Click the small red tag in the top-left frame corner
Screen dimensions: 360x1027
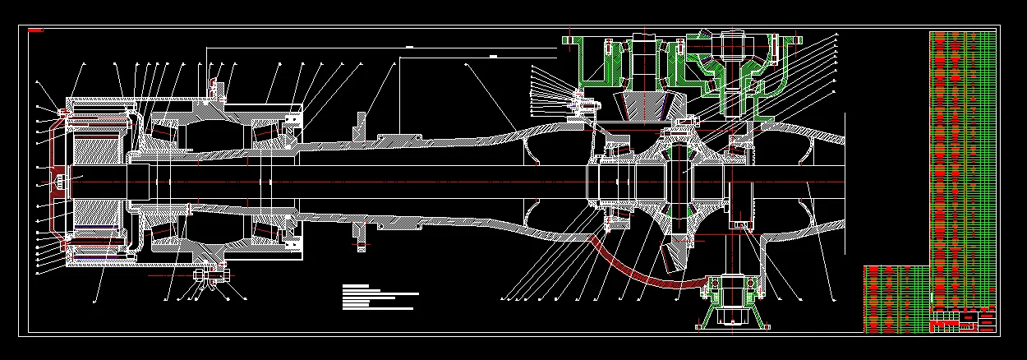[35, 30]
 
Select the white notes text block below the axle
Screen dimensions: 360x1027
[378, 297]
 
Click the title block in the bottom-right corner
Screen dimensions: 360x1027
[962, 320]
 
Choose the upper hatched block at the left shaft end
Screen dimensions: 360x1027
[99, 149]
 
